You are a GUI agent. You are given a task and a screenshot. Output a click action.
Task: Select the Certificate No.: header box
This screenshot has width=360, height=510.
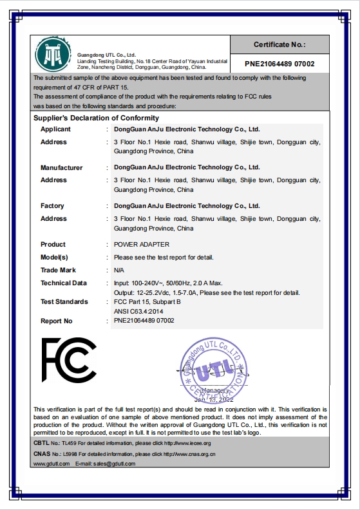[x=279, y=44]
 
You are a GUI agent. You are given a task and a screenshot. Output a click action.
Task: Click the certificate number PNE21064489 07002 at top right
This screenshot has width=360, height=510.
[x=279, y=64]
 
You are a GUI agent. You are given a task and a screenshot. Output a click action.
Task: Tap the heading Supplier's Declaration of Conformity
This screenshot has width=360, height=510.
[x=95, y=118]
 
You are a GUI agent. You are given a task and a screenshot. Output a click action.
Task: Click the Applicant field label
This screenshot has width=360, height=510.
[x=55, y=129]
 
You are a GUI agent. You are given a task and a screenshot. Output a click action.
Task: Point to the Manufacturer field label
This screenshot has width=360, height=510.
[x=61, y=167]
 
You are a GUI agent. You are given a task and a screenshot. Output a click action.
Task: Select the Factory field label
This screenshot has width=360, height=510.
[x=52, y=206]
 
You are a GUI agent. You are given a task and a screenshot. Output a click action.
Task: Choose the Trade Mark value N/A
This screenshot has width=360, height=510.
[x=119, y=270]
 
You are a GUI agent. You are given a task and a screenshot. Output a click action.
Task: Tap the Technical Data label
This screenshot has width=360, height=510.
[x=63, y=283]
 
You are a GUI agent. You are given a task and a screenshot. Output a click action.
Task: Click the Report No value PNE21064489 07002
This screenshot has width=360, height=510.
[x=144, y=321]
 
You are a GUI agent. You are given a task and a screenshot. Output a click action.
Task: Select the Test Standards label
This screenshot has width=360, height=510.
[x=64, y=302]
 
